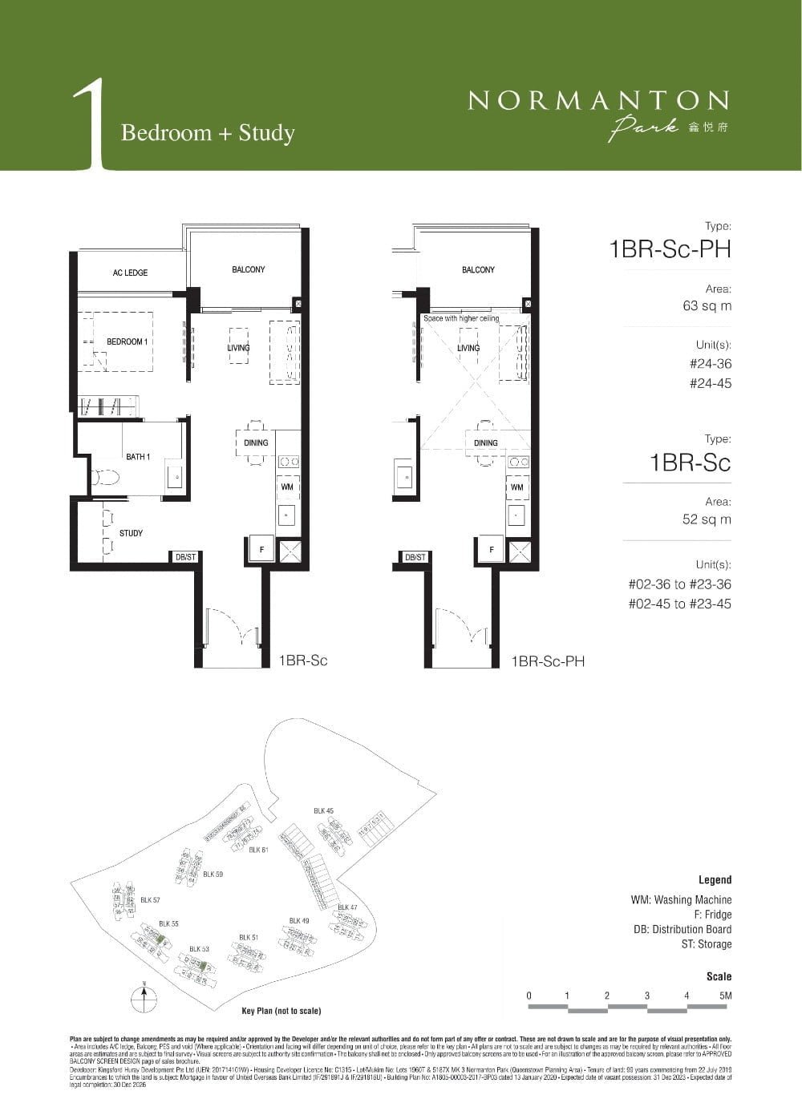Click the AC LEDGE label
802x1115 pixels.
(x=130, y=273)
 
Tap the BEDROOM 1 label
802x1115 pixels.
(x=127, y=341)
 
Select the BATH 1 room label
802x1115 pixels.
(x=138, y=457)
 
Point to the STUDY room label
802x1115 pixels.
(x=131, y=533)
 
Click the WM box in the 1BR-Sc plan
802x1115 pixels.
(x=287, y=487)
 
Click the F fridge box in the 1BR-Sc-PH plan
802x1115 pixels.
(x=492, y=549)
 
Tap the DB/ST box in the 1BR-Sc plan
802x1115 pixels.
(x=185, y=556)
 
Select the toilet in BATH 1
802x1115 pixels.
(x=104, y=479)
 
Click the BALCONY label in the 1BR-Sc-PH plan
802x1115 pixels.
(x=478, y=270)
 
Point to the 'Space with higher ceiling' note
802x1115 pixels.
(x=461, y=318)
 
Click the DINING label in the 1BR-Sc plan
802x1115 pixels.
(x=256, y=442)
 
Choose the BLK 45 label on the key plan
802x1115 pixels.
(x=323, y=811)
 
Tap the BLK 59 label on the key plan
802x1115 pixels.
(x=213, y=874)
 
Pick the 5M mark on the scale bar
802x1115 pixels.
(x=725, y=996)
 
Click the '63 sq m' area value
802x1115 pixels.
(x=707, y=306)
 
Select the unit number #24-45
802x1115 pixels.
(x=711, y=383)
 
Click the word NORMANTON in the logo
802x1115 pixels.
(x=598, y=100)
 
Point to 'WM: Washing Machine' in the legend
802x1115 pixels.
(x=681, y=900)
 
